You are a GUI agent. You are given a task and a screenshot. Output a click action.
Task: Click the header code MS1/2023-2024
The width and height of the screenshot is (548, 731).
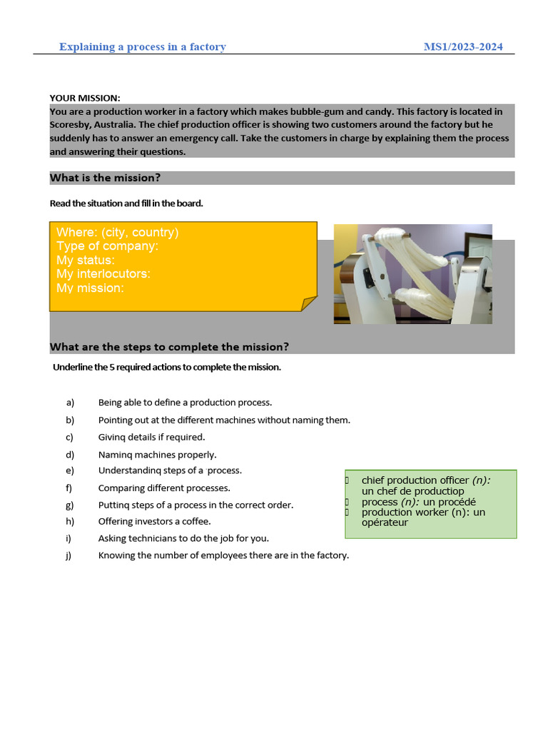click(463, 47)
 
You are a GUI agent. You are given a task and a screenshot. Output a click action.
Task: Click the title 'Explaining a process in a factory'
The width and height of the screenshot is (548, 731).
click(142, 47)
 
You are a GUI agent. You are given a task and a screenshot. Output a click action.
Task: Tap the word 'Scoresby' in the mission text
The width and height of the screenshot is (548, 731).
click(69, 125)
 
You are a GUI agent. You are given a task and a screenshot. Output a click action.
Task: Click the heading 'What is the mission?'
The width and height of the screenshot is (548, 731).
click(105, 178)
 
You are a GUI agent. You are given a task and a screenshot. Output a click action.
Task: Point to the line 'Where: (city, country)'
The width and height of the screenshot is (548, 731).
click(118, 233)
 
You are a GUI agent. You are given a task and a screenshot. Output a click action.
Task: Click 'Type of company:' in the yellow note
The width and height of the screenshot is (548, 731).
click(108, 246)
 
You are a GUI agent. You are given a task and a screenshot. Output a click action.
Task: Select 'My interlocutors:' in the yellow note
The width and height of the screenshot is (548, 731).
click(103, 274)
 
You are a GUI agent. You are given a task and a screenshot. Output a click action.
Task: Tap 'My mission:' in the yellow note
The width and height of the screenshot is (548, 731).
click(90, 288)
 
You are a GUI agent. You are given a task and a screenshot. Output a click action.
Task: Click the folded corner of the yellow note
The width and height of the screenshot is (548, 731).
click(308, 304)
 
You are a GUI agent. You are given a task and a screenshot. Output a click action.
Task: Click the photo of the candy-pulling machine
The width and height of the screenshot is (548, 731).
click(412, 274)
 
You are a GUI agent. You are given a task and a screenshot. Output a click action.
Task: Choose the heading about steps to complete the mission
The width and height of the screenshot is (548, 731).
click(169, 347)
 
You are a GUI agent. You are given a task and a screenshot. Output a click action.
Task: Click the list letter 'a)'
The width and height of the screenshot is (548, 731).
click(70, 403)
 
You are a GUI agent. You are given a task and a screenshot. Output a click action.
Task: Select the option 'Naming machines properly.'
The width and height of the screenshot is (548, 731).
click(157, 455)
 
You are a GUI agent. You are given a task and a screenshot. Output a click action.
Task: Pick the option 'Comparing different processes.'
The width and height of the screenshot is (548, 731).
click(164, 488)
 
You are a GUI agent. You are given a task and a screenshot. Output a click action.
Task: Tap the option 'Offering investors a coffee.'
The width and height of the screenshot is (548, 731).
click(154, 522)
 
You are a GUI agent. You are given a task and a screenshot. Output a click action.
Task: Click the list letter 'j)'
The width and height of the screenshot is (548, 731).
click(69, 555)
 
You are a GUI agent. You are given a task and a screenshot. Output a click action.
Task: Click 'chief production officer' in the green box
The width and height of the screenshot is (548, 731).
click(415, 480)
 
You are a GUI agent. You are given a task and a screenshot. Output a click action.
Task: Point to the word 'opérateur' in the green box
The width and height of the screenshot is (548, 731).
click(385, 523)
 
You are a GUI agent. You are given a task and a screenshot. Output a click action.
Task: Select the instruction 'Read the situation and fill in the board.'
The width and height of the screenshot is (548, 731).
click(126, 203)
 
